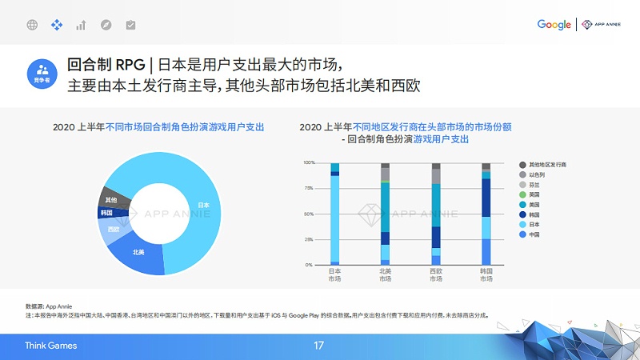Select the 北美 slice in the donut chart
point(138,252)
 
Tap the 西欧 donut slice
point(113,230)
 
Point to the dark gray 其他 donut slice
point(113,198)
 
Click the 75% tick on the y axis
point(310,188)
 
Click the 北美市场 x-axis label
point(386,275)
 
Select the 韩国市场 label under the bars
point(486,275)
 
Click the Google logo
point(554,25)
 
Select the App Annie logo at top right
point(599,25)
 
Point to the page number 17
point(319,346)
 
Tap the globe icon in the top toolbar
point(32,25)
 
